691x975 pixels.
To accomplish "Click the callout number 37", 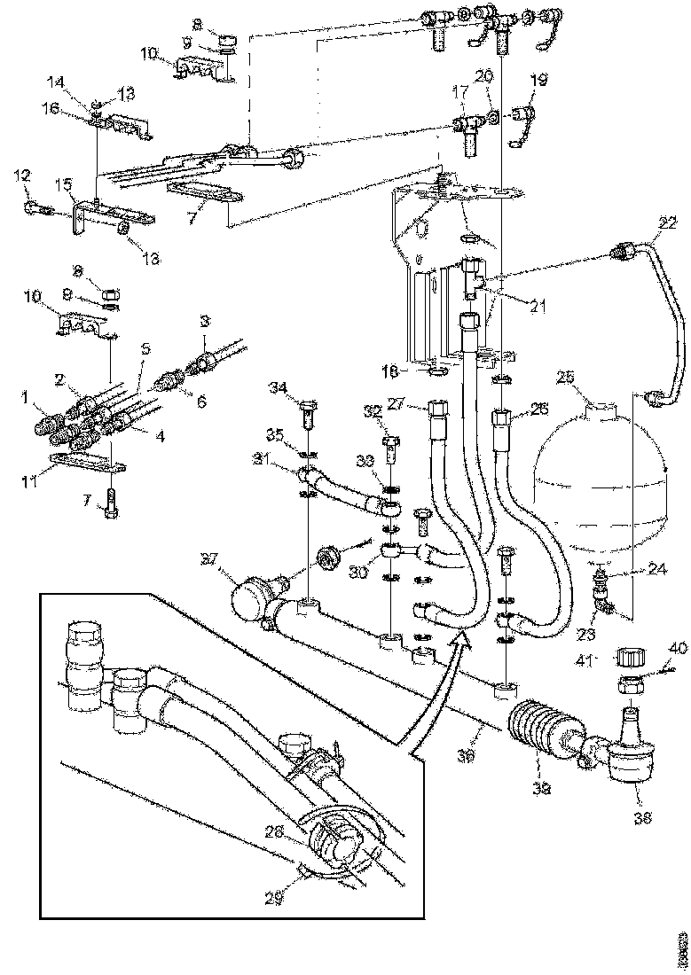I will pos(209,559).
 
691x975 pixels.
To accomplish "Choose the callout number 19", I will pos(539,79).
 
